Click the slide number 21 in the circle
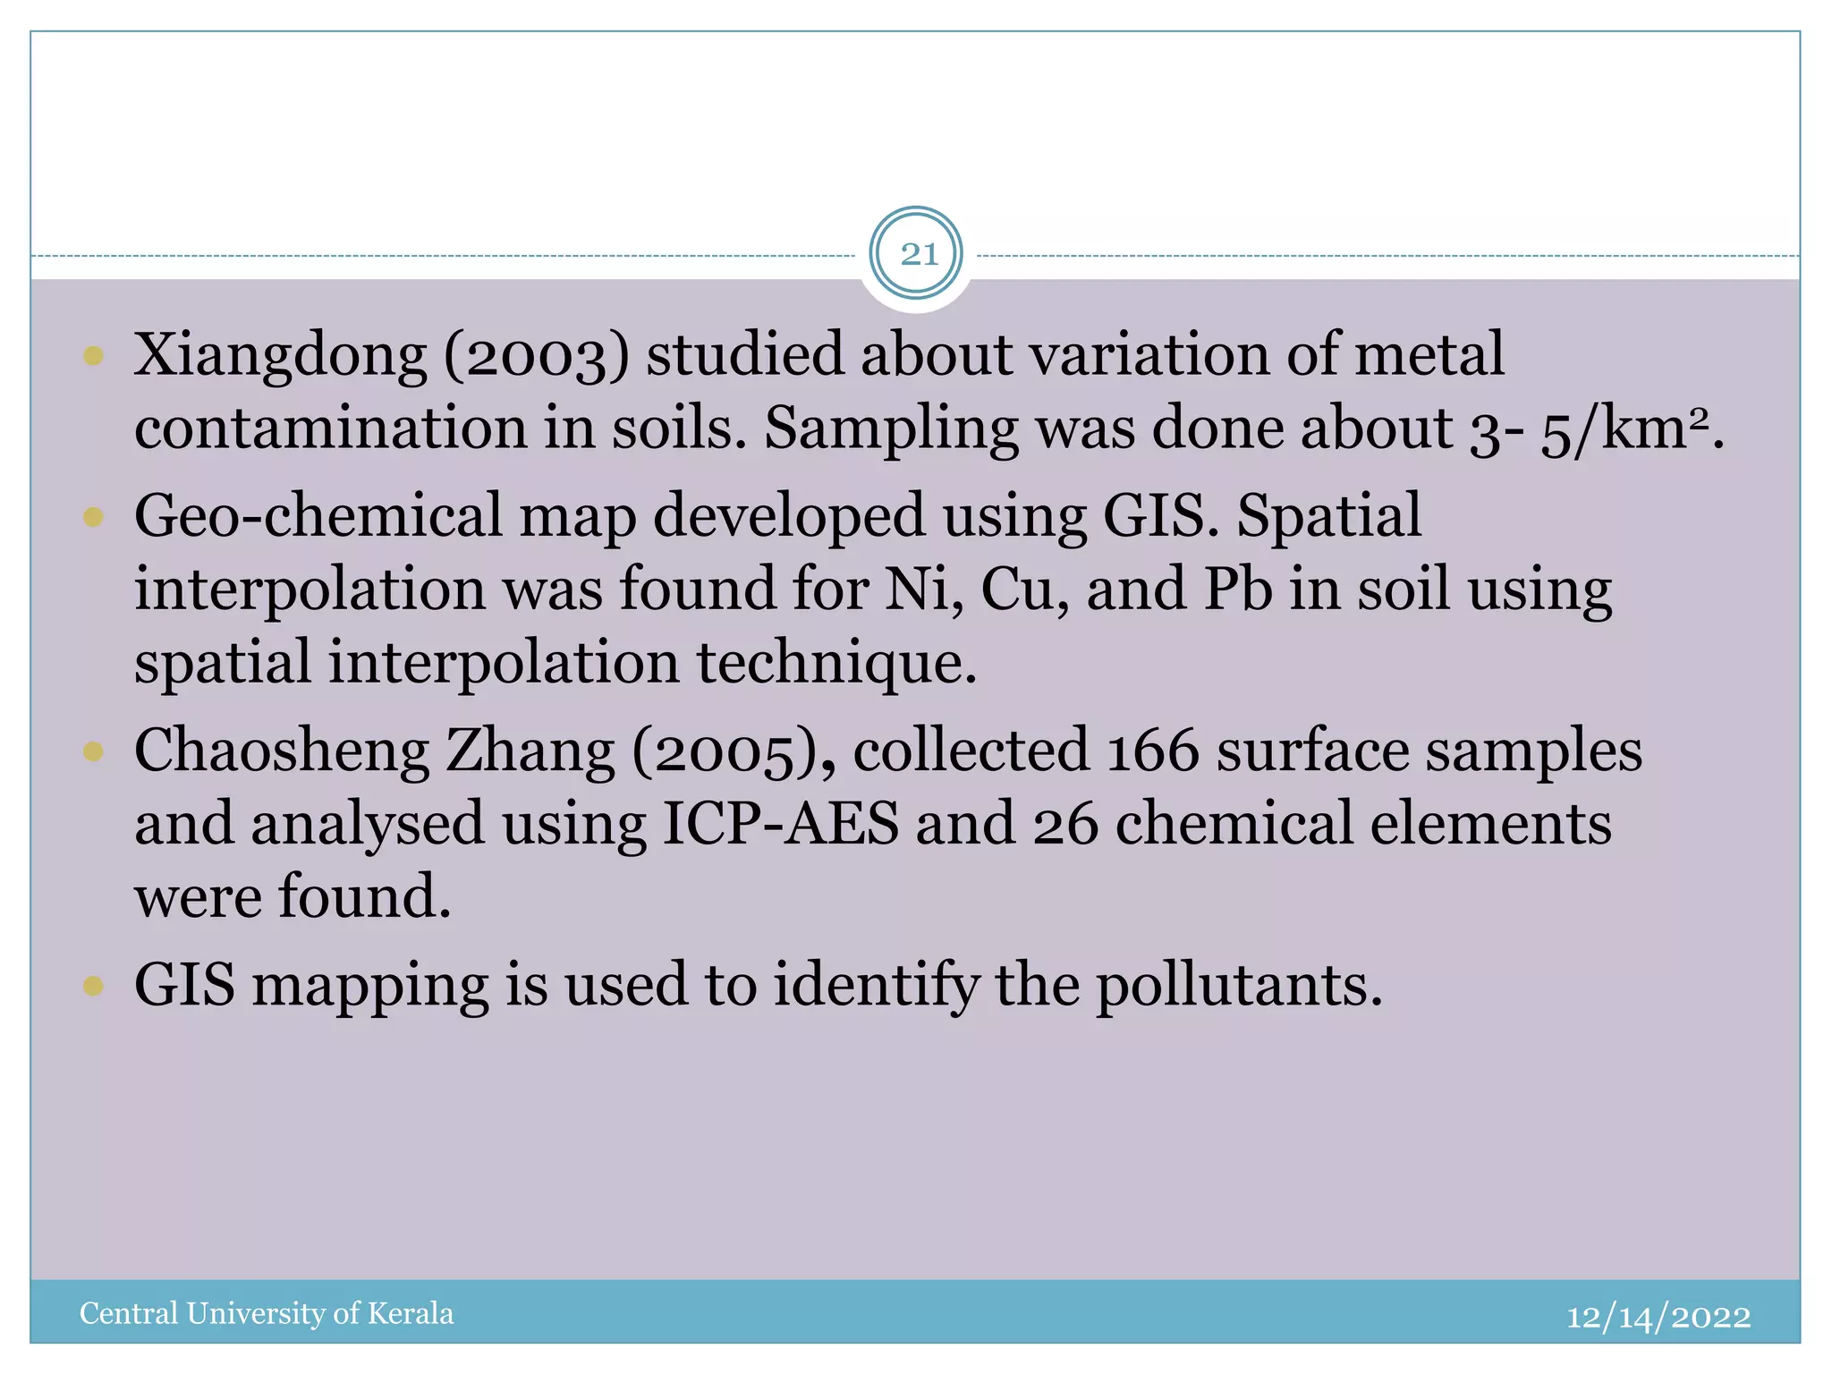click(x=917, y=254)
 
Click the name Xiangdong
click(x=280, y=355)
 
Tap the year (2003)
click(x=537, y=355)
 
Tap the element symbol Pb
click(x=1237, y=590)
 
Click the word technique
click(x=836, y=664)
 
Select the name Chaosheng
click(x=282, y=751)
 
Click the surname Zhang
click(x=530, y=751)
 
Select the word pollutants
click(x=1239, y=986)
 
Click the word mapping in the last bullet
click(x=369, y=986)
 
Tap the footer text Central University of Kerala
click(x=267, y=1313)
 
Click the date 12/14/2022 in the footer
click(x=1658, y=1316)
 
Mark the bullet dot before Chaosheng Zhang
click(x=93, y=751)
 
